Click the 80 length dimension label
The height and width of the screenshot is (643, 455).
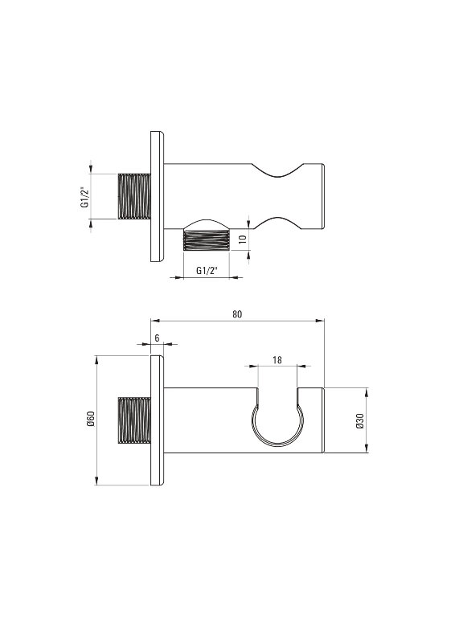[237, 314]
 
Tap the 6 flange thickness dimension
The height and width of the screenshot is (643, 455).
[157, 338]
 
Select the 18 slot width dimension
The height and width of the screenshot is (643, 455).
[277, 359]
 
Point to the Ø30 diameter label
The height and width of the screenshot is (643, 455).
[360, 420]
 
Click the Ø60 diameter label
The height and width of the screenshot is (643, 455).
[91, 419]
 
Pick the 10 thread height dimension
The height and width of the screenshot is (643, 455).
[243, 239]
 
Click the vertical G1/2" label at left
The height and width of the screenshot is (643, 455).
[84, 197]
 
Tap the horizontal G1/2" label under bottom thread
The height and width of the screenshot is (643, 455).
[207, 271]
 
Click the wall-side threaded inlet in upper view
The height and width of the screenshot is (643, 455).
[134, 196]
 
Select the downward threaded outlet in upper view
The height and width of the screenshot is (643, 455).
[206, 240]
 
